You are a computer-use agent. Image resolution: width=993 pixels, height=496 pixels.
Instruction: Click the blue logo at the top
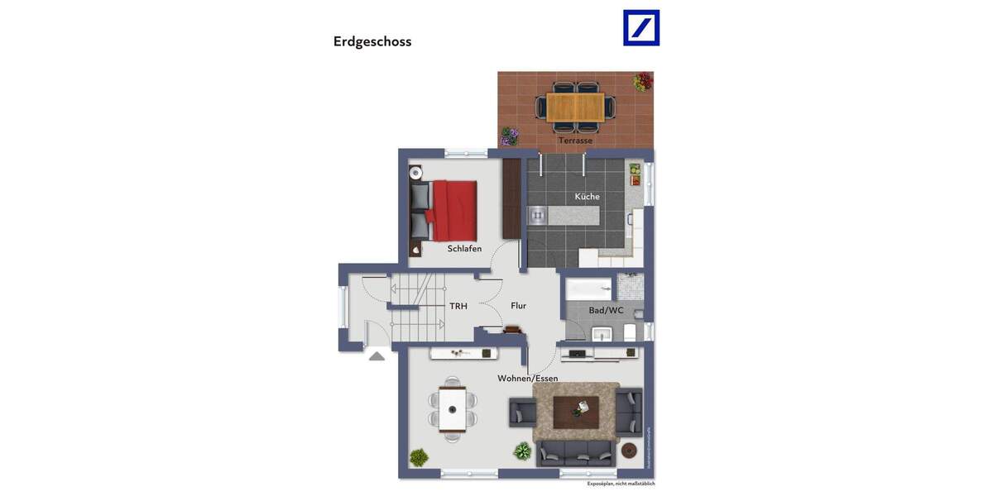[x=641, y=27]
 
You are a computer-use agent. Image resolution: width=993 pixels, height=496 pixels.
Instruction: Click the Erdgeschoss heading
[x=372, y=41]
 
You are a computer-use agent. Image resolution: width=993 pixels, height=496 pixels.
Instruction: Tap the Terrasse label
[x=575, y=141]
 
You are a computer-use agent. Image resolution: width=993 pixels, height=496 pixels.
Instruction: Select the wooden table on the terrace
[x=575, y=106]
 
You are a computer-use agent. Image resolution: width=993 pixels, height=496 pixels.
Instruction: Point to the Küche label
[x=588, y=197]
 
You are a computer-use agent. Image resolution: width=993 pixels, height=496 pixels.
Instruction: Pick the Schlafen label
[x=464, y=249]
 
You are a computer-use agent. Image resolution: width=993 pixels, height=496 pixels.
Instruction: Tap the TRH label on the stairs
[x=458, y=307]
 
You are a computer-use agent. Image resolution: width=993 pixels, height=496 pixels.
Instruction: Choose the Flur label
[x=519, y=306]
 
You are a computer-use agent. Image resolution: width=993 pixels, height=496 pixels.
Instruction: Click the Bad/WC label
[x=606, y=311]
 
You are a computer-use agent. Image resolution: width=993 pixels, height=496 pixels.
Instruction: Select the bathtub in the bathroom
[x=589, y=289]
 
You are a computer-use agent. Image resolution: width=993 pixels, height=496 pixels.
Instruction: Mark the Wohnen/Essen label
[x=527, y=379]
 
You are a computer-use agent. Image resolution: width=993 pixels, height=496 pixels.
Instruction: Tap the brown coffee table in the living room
[x=576, y=410]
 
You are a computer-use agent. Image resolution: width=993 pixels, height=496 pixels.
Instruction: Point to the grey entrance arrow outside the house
[x=377, y=356]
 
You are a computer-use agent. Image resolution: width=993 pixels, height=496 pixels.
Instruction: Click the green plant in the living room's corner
[x=419, y=456]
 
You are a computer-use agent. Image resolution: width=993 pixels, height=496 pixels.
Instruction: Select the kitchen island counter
[x=563, y=215]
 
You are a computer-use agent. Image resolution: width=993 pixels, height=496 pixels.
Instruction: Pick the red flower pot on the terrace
[x=643, y=81]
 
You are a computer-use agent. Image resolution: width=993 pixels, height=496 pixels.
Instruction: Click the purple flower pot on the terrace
[x=510, y=136]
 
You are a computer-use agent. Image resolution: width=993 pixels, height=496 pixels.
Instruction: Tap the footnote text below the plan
[x=621, y=484]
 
